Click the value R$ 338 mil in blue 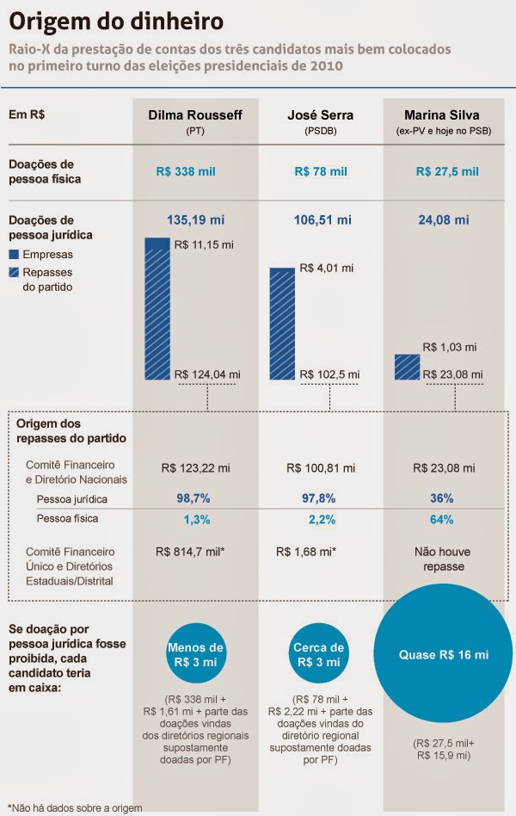(x=186, y=171)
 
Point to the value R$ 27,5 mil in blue (x=446, y=171)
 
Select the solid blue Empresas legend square (x=14, y=255)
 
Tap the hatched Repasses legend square (x=14, y=272)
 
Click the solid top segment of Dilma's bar (x=157, y=244)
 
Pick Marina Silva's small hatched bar (x=407, y=367)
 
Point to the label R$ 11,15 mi (x=204, y=245)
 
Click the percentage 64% (x=442, y=519)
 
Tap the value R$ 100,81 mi (x=320, y=467)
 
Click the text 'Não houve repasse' (x=442, y=559)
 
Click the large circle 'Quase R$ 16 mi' (x=443, y=656)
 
